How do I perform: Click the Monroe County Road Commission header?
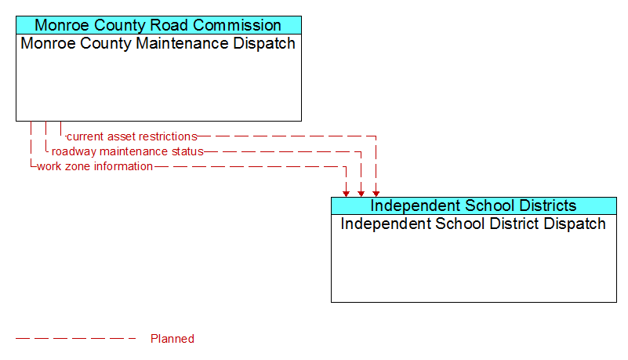tap(158, 25)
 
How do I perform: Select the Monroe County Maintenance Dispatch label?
tap(158, 43)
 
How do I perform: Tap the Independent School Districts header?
tap(473, 205)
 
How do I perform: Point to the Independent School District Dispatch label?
tap(473, 224)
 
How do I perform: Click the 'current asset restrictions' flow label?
tap(132, 136)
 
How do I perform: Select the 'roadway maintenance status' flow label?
tap(127, 151)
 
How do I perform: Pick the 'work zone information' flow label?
tap(95, 166)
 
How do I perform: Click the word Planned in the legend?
tap(172, 339)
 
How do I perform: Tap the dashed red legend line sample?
tap(76, 339)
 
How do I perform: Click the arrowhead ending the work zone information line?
tap(346, 194)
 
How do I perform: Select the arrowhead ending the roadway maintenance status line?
tap(361, 194)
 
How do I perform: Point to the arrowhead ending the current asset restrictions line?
tap(376, 194)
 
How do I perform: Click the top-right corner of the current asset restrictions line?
tap(376, 136)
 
